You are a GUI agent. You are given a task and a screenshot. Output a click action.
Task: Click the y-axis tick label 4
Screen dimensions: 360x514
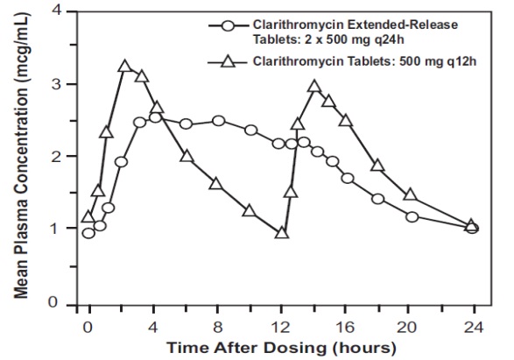(x=63, y=11)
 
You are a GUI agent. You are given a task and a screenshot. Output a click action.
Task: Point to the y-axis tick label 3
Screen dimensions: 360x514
(x=63, y=84)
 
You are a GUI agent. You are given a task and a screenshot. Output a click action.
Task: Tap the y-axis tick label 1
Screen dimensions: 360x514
(x=63, y=229)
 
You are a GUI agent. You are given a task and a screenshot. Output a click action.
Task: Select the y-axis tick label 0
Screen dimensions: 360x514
(x=63, y=303)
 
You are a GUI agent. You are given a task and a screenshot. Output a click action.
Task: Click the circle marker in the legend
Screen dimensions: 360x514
(x=228, y=25)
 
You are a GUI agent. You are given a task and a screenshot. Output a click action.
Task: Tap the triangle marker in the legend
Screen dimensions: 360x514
(x=228, y=61)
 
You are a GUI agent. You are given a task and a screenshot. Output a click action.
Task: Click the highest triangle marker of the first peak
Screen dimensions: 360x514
(x=124, y=67)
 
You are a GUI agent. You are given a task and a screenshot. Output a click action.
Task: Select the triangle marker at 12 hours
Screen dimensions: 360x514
(x=281, y=233)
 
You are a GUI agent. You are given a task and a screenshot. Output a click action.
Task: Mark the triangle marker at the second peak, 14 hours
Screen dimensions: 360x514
(x=313, y=87)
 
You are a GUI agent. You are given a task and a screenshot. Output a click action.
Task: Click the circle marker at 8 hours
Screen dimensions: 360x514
(x=217, y=121)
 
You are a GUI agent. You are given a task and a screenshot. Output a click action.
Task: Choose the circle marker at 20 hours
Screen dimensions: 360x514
(x=411, y=216)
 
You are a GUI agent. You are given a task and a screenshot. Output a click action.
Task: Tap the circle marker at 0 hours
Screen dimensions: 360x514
(x=88, y=232)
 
